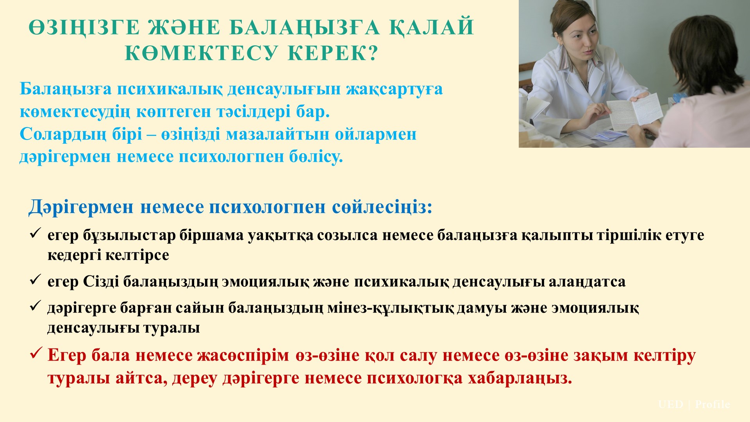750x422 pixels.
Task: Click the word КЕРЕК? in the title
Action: pos(334,53)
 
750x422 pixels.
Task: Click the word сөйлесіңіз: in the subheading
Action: pos(382,207)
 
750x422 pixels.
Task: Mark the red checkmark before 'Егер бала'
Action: pos(36,354)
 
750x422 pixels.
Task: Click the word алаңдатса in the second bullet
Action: pos(587,282)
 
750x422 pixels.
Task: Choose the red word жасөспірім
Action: pos(243,356)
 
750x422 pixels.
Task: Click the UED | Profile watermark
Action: pos(694,404)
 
